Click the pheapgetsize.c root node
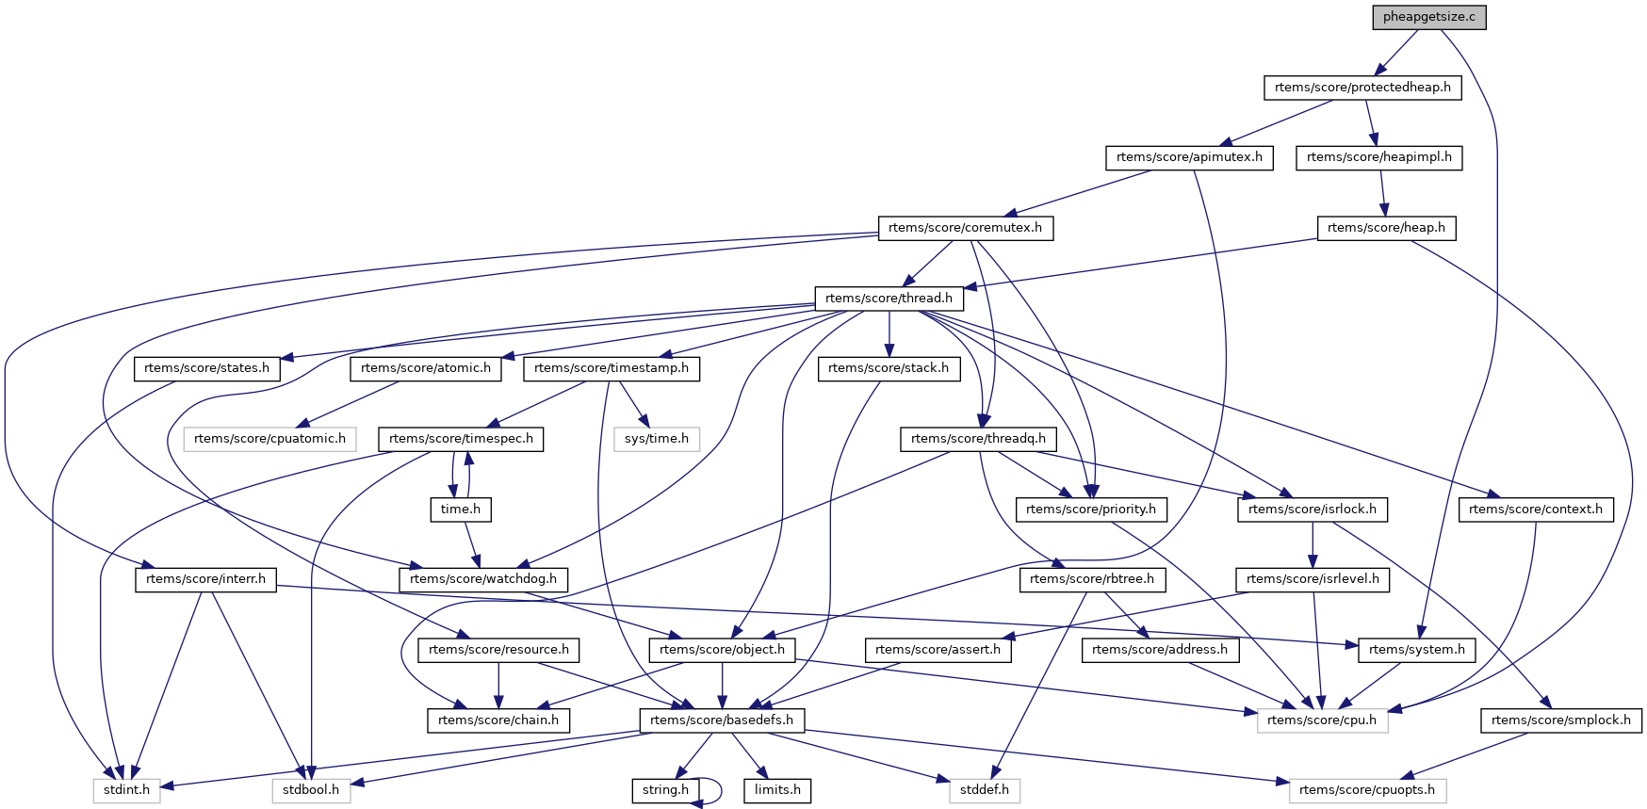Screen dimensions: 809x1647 pos(1428,17)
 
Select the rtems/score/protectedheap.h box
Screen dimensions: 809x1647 pos(1362,88)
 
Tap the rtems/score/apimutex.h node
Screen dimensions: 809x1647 pos(1189,157)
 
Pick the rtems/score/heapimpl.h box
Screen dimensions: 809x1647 pos(1378,157)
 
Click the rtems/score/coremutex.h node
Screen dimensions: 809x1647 pos(965,228)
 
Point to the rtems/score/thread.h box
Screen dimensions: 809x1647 pos(889,299)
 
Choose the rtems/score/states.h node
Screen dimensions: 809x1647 pos(206,368)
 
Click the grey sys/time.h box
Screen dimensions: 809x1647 pos(657,439)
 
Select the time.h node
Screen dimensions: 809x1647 pos(460,510)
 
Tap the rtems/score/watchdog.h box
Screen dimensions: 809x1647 pos(483,579)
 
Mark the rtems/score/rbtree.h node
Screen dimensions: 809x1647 pos(1092,579)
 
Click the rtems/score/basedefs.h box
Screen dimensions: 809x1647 pos(722,720)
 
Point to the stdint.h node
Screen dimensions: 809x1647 pos(126,790)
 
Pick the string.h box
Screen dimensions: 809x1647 pos(665,790)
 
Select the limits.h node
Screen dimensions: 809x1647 pos(777,790)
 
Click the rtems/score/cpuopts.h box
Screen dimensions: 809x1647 pos(1366,790)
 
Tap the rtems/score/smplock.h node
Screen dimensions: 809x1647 pos(1561,720)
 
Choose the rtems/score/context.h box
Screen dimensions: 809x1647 pos(1535,510)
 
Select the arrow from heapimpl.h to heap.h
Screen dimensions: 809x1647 pos(1382,192)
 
